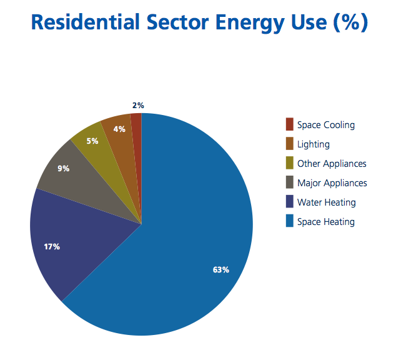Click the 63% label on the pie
(221, 270)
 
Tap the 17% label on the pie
(52, 247)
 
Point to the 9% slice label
(63, 169)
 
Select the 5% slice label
(92, 141)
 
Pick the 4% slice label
(119, 129)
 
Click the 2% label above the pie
(138, 106)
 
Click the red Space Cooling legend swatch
(290, 124)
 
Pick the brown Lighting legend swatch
(290, 144)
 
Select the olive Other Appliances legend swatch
(290, 162)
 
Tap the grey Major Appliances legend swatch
(290, 182)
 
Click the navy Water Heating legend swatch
(290, 201)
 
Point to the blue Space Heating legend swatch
(290, 221)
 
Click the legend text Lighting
(314, 144)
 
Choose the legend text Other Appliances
(332, 164)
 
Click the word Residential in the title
(85, 22)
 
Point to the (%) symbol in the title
(350, 22)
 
